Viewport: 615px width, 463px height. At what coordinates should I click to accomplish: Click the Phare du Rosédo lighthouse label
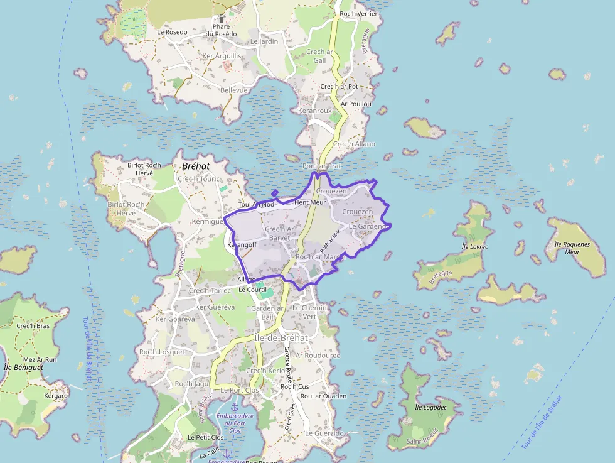(221, 30)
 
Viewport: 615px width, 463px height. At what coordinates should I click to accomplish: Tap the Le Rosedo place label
(172, 31)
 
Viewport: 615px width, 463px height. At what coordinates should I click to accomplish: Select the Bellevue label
(233, 90)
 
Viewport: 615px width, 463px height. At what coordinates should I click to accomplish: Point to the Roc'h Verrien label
(359, 14)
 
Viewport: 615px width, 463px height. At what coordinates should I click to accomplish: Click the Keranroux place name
(314, 111)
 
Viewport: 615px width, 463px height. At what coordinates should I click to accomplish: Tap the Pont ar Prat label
(322, 166)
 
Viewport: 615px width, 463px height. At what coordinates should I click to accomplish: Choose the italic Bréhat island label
(195, 166)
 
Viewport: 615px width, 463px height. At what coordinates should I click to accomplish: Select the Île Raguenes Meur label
(572, 247)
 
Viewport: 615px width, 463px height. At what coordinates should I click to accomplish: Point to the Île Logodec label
(430, 407)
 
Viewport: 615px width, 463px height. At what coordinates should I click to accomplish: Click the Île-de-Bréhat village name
(281, 337)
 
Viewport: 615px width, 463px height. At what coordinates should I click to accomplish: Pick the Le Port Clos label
(239, 390)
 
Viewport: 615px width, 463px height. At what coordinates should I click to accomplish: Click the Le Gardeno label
(367, 226)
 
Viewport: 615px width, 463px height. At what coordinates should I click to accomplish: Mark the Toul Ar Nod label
(256, 204)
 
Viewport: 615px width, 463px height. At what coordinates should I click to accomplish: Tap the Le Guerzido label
(324, 433)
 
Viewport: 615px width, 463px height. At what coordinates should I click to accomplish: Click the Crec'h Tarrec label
(210, 291)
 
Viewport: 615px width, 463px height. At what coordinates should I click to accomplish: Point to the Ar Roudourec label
(318, 355)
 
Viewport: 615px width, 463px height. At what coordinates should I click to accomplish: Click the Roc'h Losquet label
(162, 352)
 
